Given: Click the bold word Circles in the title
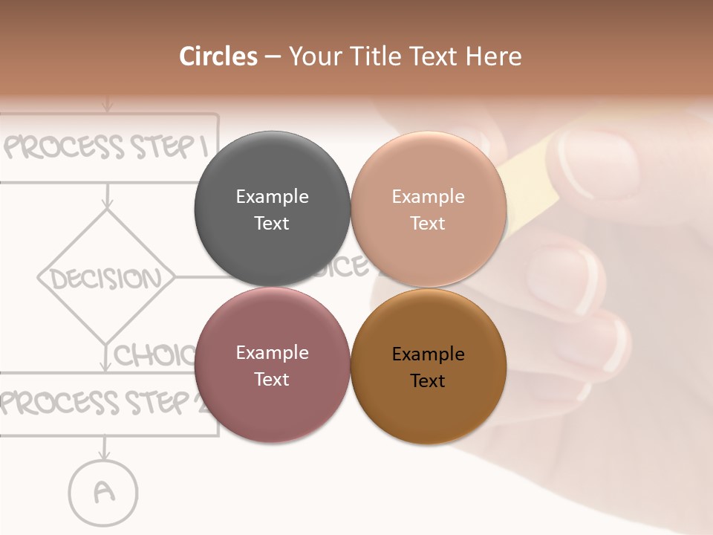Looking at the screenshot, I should (218, 56).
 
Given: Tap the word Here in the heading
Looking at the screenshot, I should (494, 56).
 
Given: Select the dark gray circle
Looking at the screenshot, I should (272, 209).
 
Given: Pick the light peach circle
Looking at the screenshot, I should (429, 209).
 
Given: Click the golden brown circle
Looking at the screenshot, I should (429, 366).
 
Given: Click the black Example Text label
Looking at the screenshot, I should (428, 367).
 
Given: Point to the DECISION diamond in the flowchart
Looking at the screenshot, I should (106, 279).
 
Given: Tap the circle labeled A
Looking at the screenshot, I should (103, 490).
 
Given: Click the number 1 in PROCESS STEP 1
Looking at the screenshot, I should (201, 147).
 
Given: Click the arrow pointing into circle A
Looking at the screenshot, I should (104, 451).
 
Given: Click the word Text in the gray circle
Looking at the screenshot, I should (272, 223).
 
